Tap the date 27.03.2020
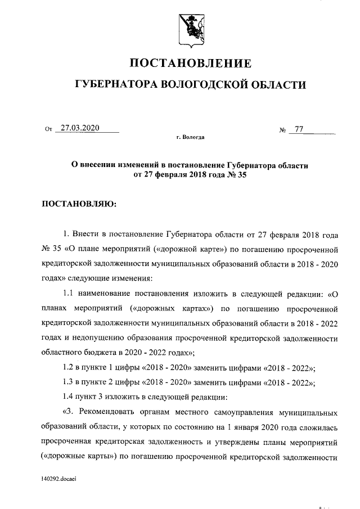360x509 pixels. click(80, 128)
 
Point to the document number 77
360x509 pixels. click(299, 129)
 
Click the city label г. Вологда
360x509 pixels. click(190, 137)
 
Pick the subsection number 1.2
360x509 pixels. click(69, 368)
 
